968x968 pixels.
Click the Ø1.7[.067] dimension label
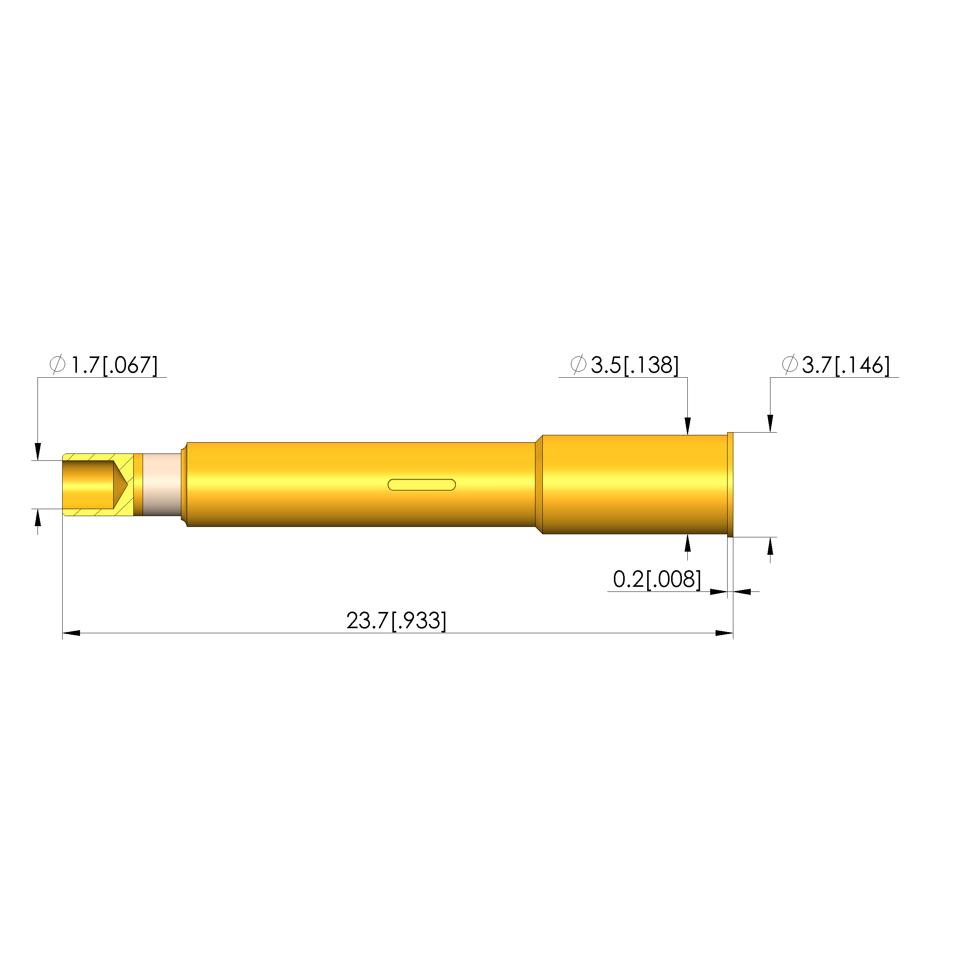coord(104,365)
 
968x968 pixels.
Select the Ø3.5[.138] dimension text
coord(625,365)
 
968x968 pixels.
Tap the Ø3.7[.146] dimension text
coord(836,365)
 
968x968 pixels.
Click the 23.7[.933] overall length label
coord(396,621)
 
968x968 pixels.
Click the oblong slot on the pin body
coord(422,484)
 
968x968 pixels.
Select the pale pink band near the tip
coord(162,484)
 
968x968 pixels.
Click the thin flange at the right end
coord(730,484)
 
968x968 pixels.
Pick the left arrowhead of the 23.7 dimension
coord(71,633)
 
